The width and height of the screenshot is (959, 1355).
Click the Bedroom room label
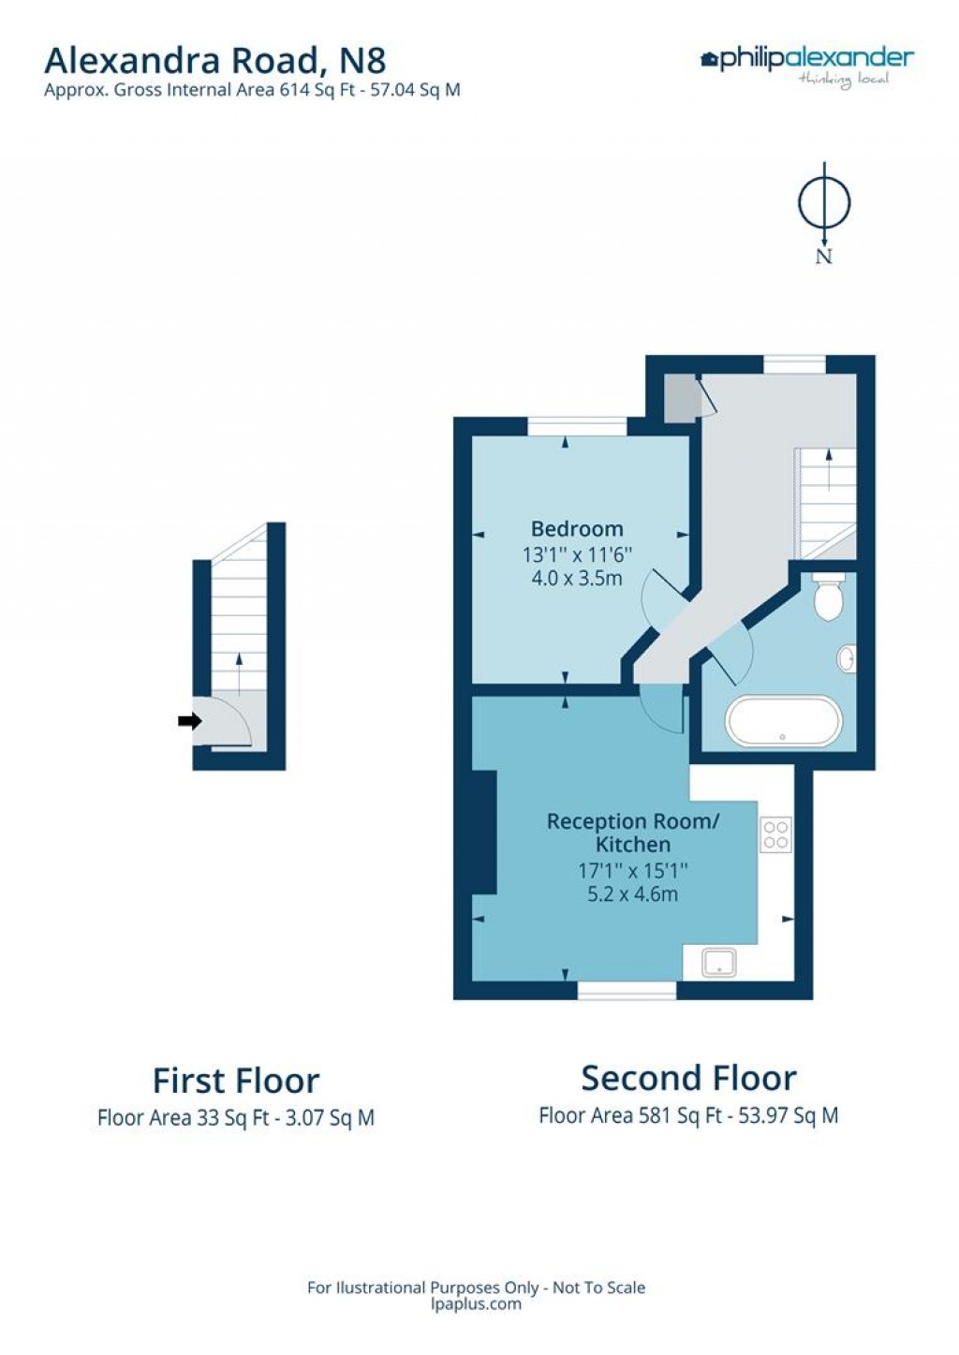pyautogui.click(x=577, y=529)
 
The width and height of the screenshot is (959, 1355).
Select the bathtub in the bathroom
pyautogui.click(x=784, y=721)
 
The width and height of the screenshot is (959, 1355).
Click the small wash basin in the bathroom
pyautogui.click(x=847, y=658)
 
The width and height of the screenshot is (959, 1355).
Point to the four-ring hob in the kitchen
pyautogui.click(x=775, y=834)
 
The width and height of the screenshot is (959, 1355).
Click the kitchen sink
pyautogui.click(x=719, y=963)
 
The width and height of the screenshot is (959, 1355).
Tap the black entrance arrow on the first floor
pyautogui.click(x=189, y=721)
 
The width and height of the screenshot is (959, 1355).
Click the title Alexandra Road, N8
pyautogui.click(x=214, y=61)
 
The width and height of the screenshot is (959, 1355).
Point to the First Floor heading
pyautogui.click(x=236, y=1081)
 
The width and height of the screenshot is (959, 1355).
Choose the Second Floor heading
pyautogui.click(x=688, y=1078)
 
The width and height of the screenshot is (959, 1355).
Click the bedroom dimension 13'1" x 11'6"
pyautogui.click(x=577, y=554)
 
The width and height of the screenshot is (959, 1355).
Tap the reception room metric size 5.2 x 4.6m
pyautogui.click(x=632, y=894)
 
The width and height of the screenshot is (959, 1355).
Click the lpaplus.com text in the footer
pyautogui.click(x=476, y=1304)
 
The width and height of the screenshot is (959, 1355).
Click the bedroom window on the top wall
pyautogui.click(x=577, y=427)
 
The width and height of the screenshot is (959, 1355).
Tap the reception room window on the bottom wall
pyautogui.click(x=627, y=990)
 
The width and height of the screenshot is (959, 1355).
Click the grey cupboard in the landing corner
pyautogui.click(x=681, y=397)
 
